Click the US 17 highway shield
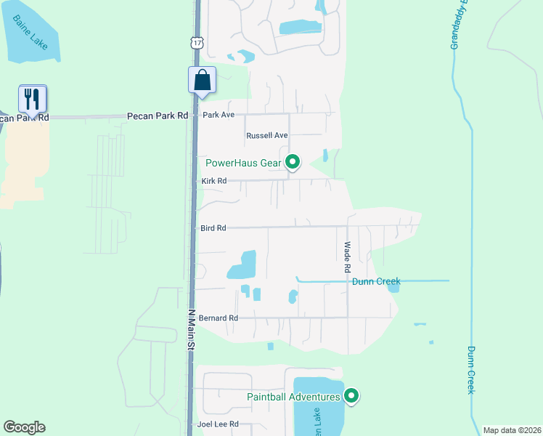pyautogui.click(x=197, y=44)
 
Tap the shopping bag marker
pyautogui.click(x=202, y=80)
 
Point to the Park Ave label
pyautogui.click(x=219, y=116)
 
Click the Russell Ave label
pyautogui.click(x=267, y=136)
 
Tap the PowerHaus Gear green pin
pyautogui.click(x=293, y=161)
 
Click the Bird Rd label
pyautogui.click(x=213, y=228)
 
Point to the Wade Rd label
pyautogui.click(x=348, y=257)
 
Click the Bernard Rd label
pyautogui.click(x=219, y=318)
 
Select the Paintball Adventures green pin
pyautogui.click(x=351, y=396)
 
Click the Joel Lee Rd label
pyautogui.click(x=219, y=424)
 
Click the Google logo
pyautogui.click(x=24, y=427)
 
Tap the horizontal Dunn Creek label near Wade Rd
pyautogui.click(x=376, y=281)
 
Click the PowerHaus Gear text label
pyautogui.click(x=243, y=163)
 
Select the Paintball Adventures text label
pyautogui.click(x=293, y=397)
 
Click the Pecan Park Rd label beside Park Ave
pyautogui.click(x=158, y=116)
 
